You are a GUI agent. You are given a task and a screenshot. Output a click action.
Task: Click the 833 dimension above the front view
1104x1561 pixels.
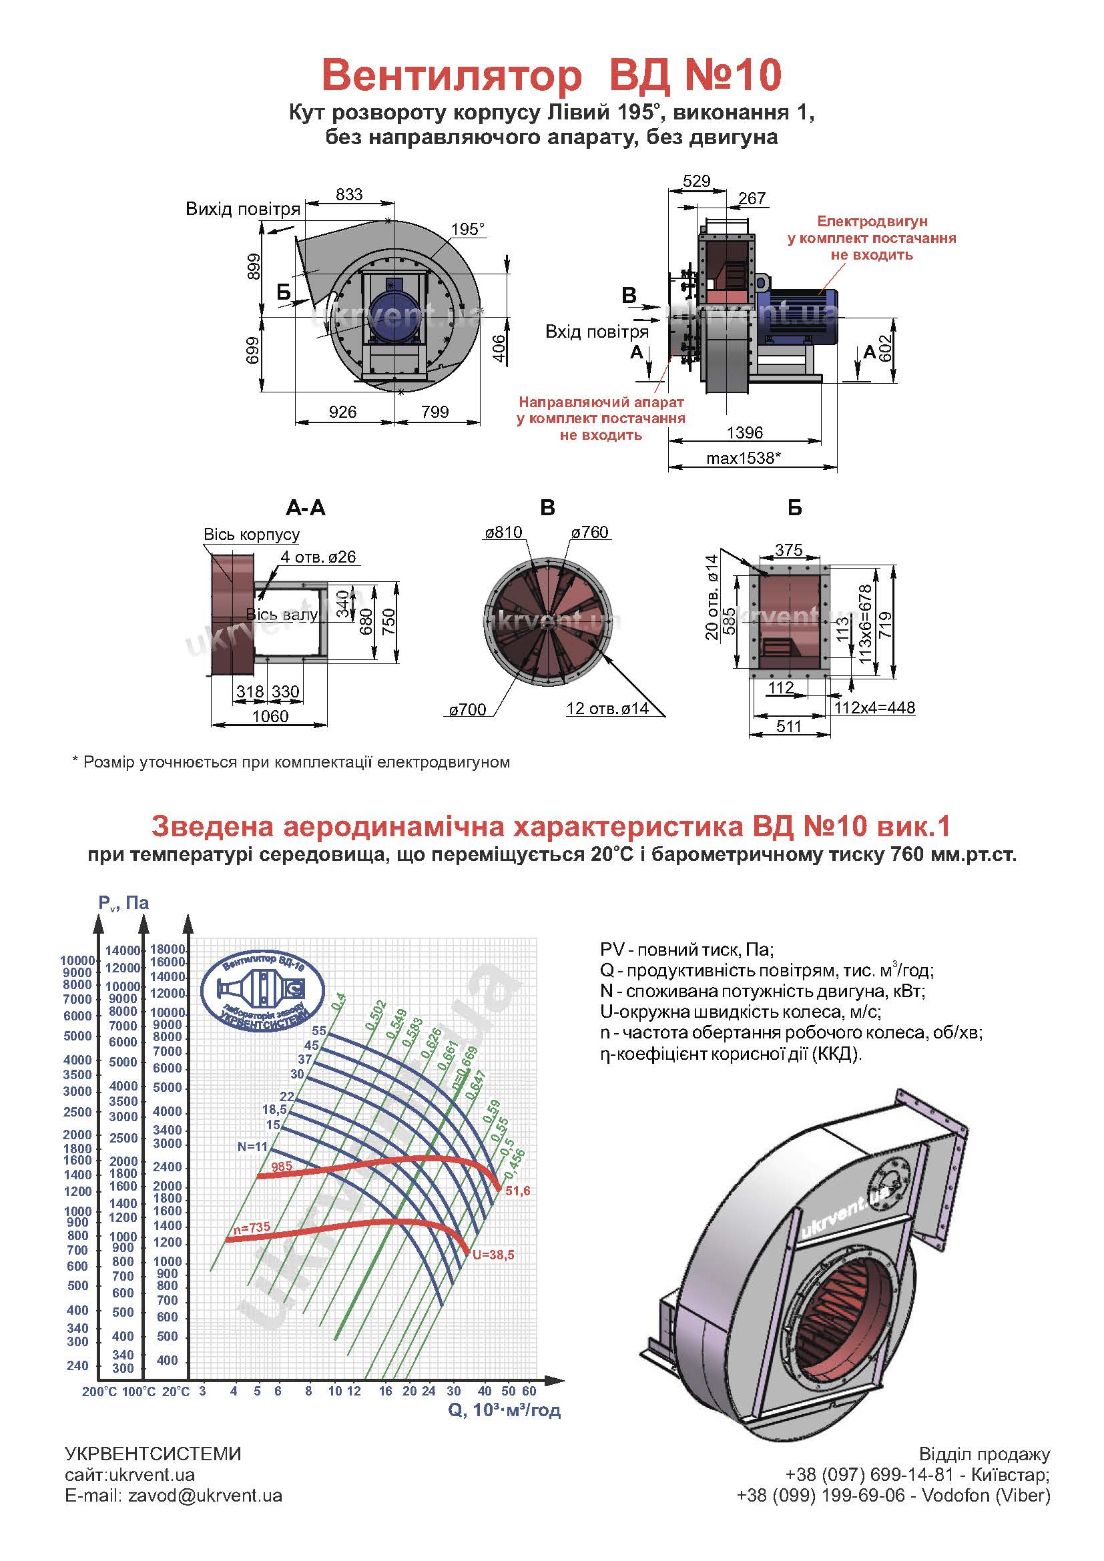pyautogui.click(x=348, y=194)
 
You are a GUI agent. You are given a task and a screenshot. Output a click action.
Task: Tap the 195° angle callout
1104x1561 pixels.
pyautogui.click(x=468, y=229)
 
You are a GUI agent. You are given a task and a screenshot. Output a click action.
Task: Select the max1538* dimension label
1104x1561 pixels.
pyautogui.click(x=743, y=458)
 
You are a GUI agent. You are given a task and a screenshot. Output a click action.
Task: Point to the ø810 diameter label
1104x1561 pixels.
pyautogui.click(x=503, y=533)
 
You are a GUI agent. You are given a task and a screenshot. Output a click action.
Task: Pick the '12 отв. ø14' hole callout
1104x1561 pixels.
pyautogui.click(x=607, y=709)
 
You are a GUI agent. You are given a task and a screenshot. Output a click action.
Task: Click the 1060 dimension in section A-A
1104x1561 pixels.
pyautogui.click(x=270, y=716)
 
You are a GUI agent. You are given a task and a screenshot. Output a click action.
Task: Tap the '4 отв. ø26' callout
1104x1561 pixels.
pyautogui.click(x=318, y=557)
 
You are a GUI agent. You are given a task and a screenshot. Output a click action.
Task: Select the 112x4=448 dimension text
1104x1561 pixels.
pyautogui.click(x=874, y=707)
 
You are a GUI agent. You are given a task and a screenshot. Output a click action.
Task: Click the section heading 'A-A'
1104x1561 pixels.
pyautogui.click(x=305, y=508)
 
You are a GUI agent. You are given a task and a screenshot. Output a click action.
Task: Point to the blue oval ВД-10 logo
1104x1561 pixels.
pyautogui.click(x=263, y=988)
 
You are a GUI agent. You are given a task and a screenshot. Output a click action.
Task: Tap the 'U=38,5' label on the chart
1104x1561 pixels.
pyautogui.click(x=493, y=1255)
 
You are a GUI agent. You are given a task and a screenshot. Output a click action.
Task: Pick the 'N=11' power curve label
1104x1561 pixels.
pyautogui.click(x=252, y=1147)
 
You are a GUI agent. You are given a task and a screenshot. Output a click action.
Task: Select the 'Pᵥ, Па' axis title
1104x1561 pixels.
pyautogui.click(x=123, y=903)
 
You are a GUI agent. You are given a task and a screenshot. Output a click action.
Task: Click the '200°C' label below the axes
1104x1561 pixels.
pyautogui.click(x=99, y=1391)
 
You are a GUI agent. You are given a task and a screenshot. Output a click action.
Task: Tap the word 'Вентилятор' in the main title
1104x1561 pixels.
pyautogui.click(x=451, y=75)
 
